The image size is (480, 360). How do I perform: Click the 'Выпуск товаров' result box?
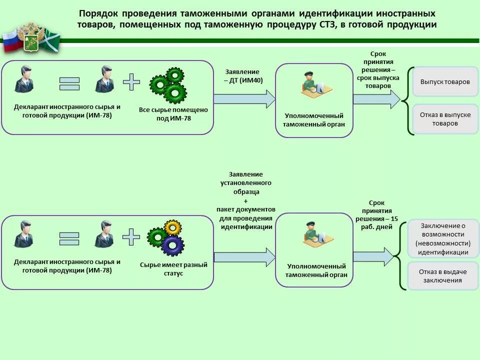pos(445,81)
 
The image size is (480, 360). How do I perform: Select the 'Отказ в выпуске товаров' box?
pos(445,119)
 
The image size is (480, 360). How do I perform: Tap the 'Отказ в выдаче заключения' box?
pos(443,276)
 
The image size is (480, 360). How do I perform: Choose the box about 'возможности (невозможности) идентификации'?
pos(443,238)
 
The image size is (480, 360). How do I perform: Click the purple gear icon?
pos(173,245)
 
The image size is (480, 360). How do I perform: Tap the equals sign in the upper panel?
pos(69,83)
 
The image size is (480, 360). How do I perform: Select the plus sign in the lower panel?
pos(131,237)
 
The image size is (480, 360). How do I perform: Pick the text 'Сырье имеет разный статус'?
pos(173,269)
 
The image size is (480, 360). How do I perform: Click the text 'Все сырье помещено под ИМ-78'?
pos(174,114)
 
